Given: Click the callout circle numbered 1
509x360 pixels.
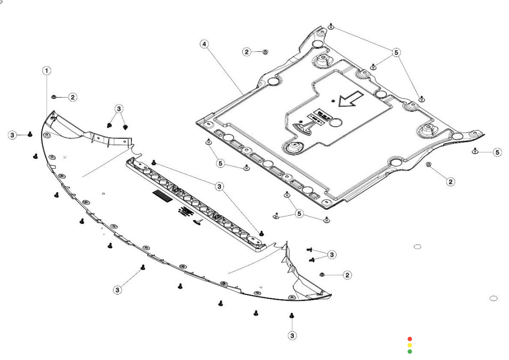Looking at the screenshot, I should click(47, 71).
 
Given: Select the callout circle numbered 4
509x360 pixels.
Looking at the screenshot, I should click(204, 44).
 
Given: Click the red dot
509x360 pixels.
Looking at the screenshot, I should click(410, 339).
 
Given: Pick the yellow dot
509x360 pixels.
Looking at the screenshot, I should click(410, 345).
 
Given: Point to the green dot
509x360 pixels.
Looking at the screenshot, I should click(410, 352).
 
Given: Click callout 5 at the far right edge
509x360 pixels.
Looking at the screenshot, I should click(497, 152).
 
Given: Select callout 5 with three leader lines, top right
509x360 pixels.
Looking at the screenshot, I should click(396, 52).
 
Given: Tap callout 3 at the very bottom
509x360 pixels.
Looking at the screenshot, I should click(292, 335).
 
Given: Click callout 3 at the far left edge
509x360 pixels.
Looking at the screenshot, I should click(12, 135).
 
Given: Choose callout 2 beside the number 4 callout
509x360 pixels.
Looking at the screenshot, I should click(247, 52).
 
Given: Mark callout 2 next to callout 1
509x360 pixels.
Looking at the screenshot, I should click(73, 97).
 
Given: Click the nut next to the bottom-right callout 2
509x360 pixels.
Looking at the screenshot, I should click(322, 274).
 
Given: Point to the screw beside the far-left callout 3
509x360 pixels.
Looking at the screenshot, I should click(30, 134).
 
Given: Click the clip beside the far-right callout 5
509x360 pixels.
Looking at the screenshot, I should click(475, 151).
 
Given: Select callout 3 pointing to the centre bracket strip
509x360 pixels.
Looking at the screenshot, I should click(219, 187).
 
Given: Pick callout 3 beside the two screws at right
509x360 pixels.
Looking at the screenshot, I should click(332, 254).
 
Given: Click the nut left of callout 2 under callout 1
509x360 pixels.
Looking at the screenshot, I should click(54, 97).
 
